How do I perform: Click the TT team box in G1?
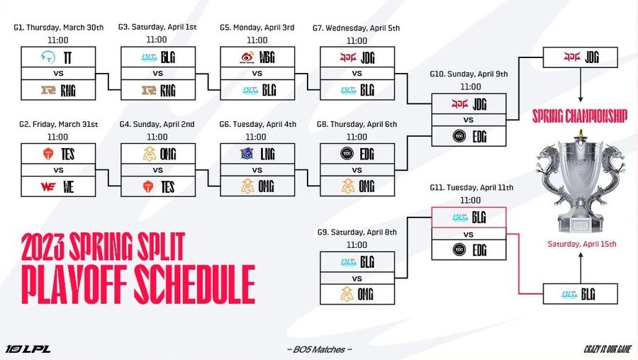[58, 56]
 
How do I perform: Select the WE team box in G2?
[58, 188]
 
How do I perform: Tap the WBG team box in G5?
[257, 56]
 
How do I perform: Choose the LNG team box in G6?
[257, 153]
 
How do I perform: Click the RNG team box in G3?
[157, 90]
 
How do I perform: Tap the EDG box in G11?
[469, 250]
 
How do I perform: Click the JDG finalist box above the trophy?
[581, 57]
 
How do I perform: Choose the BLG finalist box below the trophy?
[581, 293]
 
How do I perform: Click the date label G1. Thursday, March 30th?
[58, 28]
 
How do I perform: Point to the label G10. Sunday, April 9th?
[469, 74]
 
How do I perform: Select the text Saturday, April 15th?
[581, 244]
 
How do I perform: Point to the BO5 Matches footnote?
[318, 349]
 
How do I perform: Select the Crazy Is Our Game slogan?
[606, 349]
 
